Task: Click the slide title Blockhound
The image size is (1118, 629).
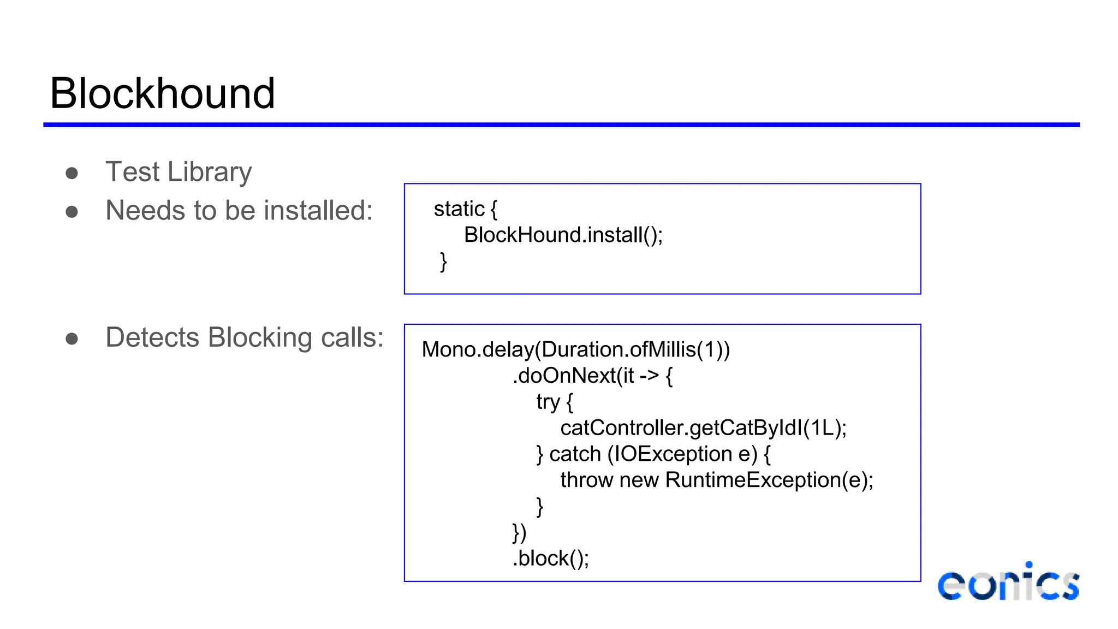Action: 162,93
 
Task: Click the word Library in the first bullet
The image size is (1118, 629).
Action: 210,172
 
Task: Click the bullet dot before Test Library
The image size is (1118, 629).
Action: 72,174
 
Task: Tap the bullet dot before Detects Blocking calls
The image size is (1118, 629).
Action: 72,339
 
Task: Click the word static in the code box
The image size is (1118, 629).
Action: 459,209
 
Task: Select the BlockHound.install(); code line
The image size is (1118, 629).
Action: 563,235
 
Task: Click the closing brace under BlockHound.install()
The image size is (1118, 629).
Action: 443,262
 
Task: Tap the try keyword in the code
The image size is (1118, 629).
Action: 548,402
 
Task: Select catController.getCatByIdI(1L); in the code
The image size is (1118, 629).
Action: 703,428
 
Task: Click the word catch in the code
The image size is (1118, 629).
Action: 574,454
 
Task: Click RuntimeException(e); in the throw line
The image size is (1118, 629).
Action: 769,480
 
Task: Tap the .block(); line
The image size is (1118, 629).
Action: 550,559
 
